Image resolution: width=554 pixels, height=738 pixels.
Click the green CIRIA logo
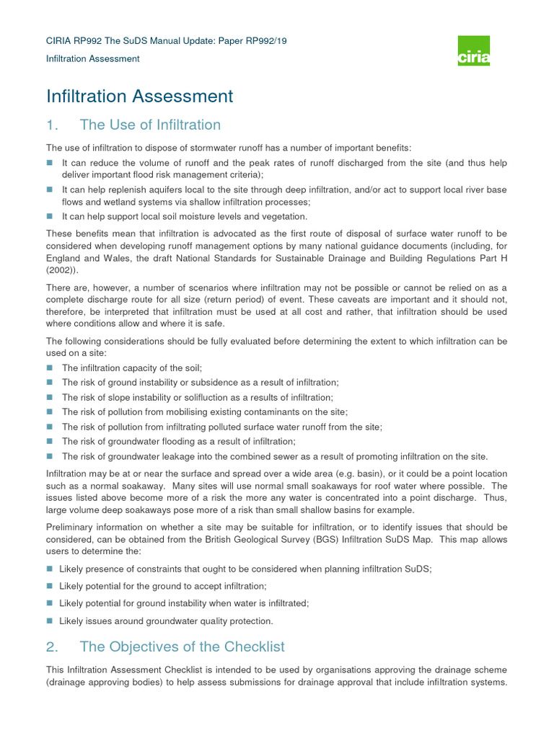[x=474, y=50]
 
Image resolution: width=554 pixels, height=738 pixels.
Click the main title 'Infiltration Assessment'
[x=140, y=96]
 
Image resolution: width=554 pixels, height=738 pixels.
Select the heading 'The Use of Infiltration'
[x=150, y=125]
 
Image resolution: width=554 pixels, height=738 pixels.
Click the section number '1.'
[x=51, y=125]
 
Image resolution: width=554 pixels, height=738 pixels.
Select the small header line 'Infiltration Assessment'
[x=93, y=58]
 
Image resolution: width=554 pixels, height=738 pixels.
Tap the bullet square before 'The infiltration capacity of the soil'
[x=50, y=368]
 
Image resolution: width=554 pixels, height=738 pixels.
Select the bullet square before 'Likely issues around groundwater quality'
[x=50, y=621]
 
